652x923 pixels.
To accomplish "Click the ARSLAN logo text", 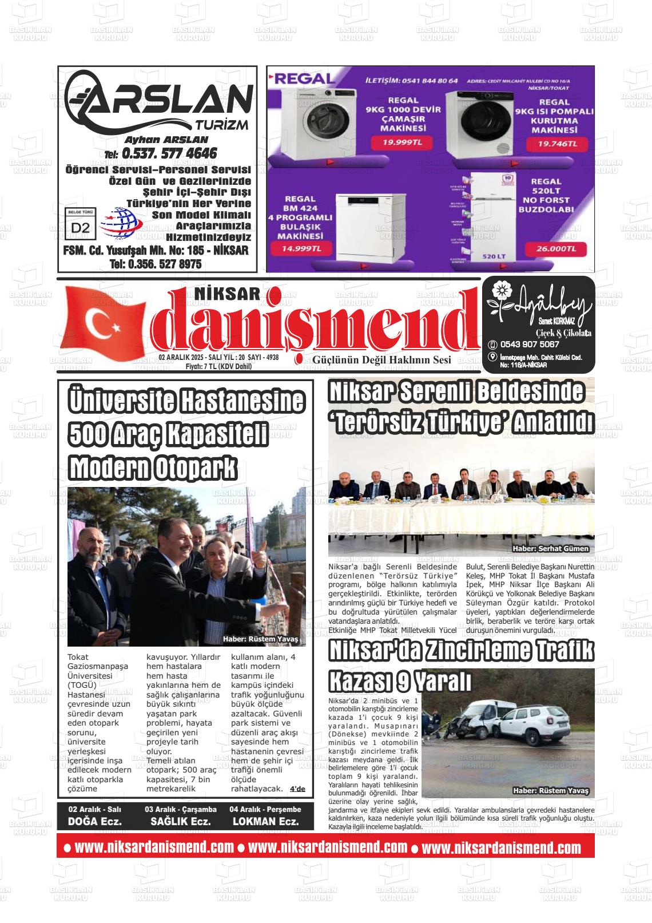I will (x=166, y=103).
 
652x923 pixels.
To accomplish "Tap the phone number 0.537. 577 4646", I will (x=169, y=153).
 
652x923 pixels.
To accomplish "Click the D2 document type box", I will (x=81, y=228).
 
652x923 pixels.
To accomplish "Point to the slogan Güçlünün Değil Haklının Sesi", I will (x=381, y=360).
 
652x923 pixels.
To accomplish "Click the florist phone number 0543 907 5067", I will (x=530, y=344).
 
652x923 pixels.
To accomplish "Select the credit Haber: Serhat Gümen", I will (x=550, y=549).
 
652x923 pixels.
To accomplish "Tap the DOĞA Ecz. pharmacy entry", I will (x=95, y=821).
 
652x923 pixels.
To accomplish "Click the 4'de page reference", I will (x=297, y=789).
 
